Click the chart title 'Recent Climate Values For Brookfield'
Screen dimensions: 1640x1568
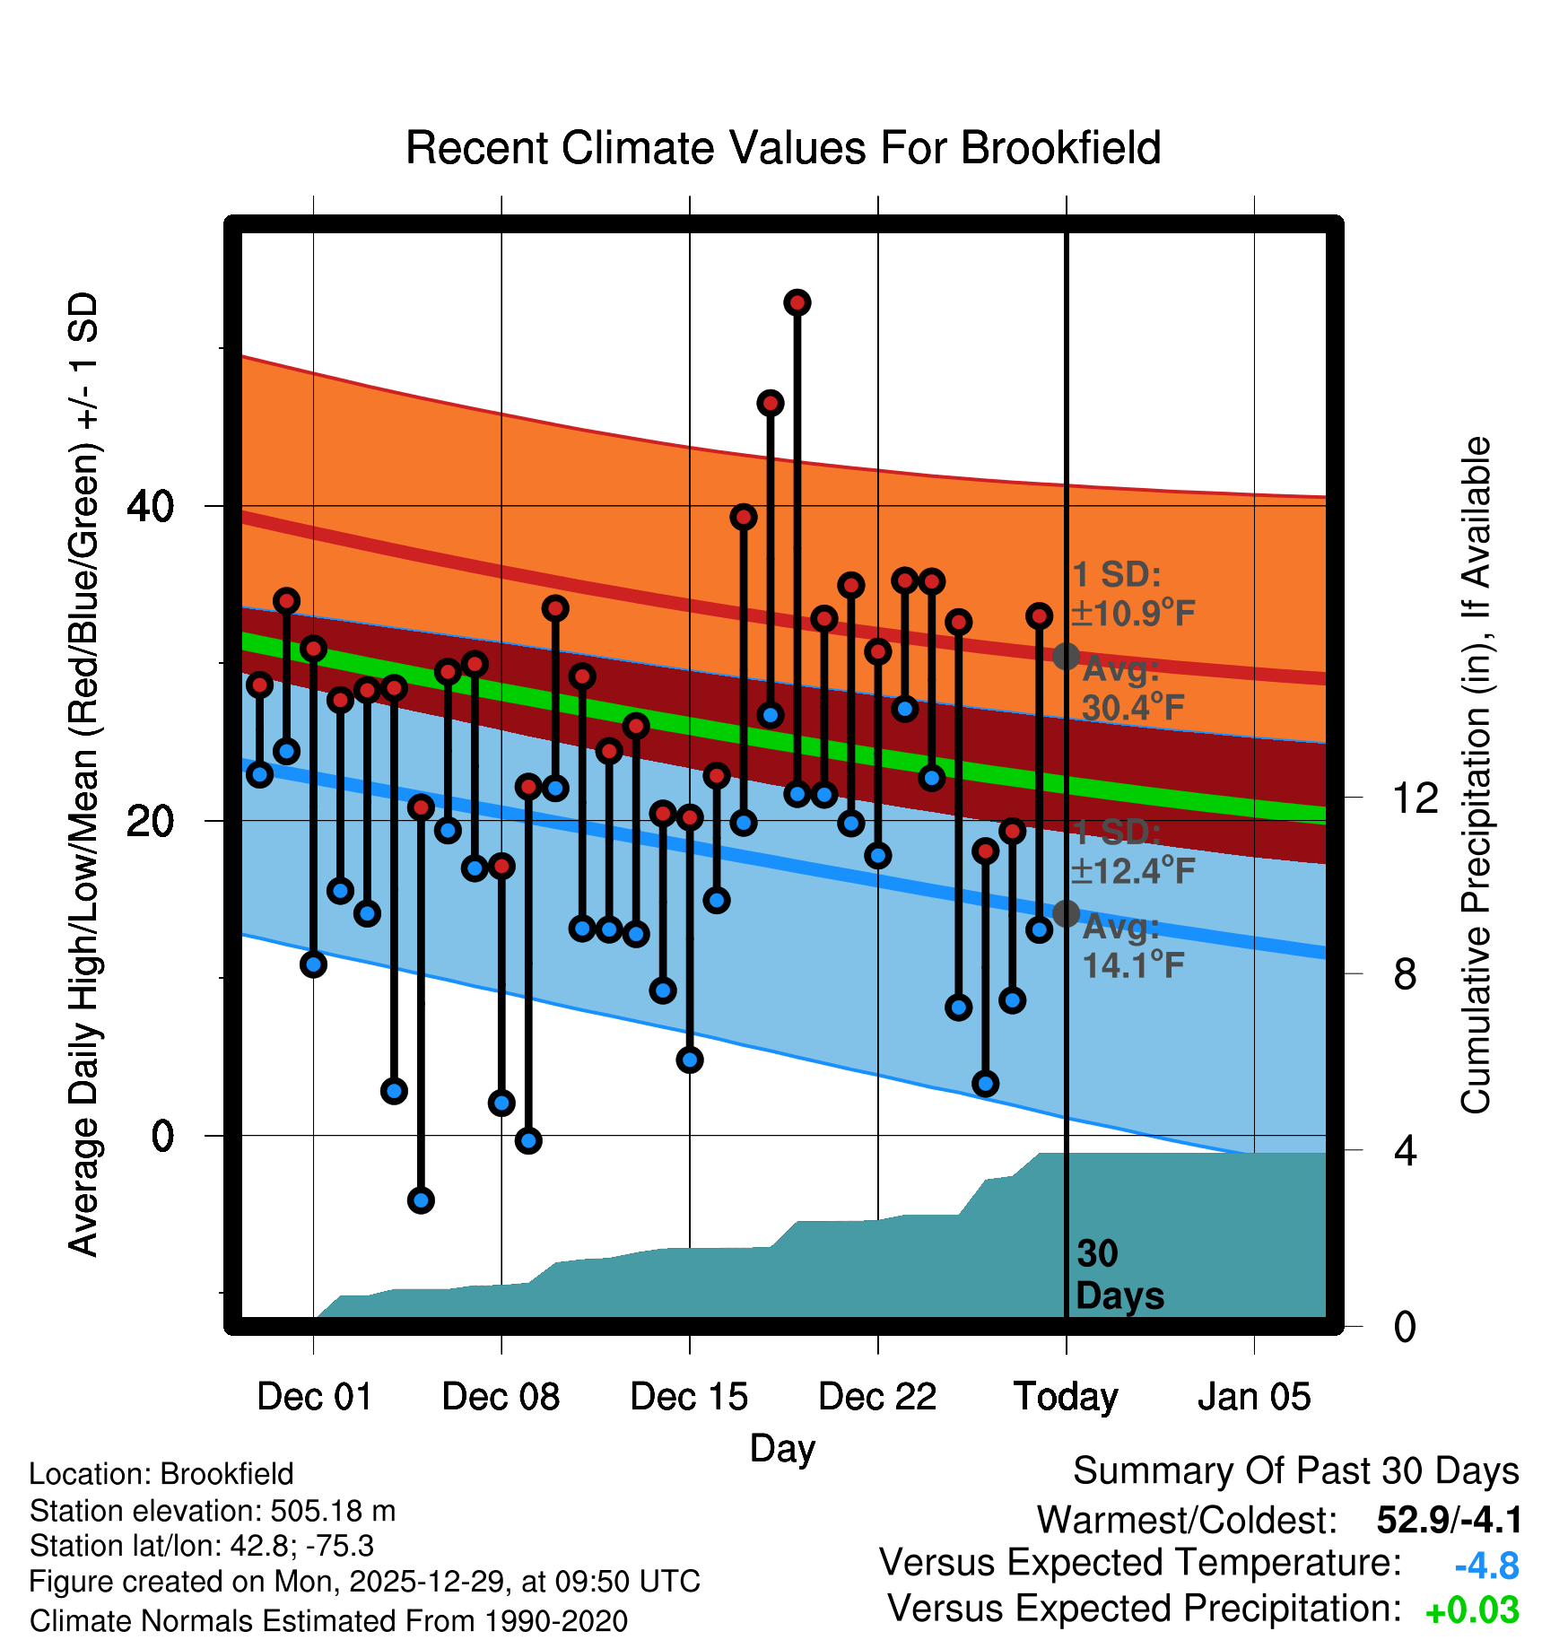coord(783,148)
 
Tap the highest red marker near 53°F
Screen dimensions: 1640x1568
coord(797,303)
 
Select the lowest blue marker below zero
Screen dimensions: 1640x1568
coord(421,1199)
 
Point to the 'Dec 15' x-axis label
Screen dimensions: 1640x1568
coord(689,1396)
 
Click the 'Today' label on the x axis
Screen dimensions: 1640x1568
coord(1066,1396)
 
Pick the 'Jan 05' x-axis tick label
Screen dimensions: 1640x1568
coord(1254,1396)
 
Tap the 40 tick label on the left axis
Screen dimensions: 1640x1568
coord(151,507)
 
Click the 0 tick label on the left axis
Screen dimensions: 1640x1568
coord(162,1136)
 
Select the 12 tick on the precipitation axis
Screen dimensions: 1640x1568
coord(1416,798)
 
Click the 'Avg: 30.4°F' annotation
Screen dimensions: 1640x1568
coord(1133,689)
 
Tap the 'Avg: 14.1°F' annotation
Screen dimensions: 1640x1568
coord(1133,946)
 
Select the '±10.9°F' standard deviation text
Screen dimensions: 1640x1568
coord(1133,614)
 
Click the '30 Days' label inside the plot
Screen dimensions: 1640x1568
coord(1119,1275)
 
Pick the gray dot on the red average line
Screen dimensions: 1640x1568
coord(1066,657)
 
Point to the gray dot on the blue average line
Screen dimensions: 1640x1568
coord(1066,913)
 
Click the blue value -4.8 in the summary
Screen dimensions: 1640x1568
coord(1486,1566)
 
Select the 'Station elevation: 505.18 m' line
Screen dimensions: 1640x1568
coord(213,1511)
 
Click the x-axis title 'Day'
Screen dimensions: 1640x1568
coord(782,1448)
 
